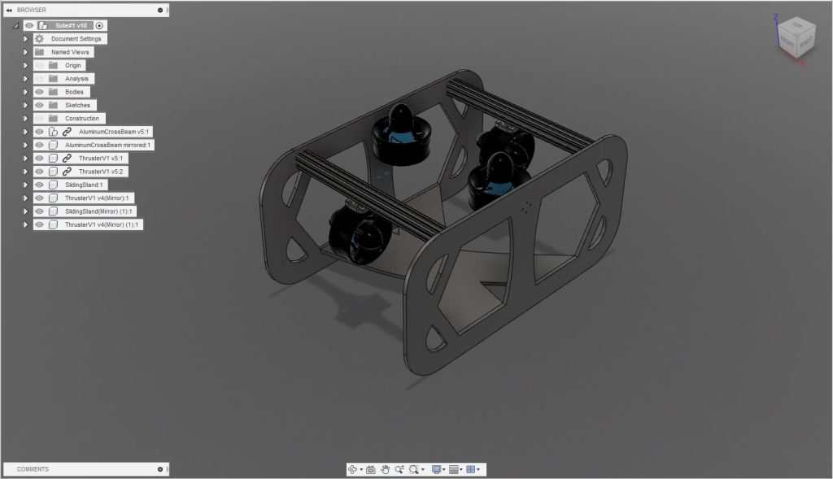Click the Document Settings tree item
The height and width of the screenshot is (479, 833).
click(x=76, y=39)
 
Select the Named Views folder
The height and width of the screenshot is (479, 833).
click(x=70, y=52)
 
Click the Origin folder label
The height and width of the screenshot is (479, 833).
click(x=74, y=65)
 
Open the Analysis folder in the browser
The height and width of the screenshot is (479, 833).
click(x=76, y=79)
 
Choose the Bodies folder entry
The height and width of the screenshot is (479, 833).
click(x=74, y=92)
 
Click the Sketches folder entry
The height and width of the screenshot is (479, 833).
click(x=77, y=105)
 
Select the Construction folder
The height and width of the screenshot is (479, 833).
click(x=82, y=119)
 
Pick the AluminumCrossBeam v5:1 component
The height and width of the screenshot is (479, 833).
click(x=114, y=132)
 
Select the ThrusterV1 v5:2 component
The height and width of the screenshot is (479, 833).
click(x=102, y=172)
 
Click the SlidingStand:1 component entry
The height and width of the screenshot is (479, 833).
click(x=84, y=185)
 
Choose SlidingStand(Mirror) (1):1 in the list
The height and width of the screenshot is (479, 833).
click(x=99, y=211)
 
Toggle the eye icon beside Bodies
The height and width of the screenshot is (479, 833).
click(x=39, y=92)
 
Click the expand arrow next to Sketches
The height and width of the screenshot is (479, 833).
click(x=26, y=105)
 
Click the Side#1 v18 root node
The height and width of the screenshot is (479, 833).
click(x=71, y=25)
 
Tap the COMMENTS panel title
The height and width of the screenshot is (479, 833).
click(x=33, y=469)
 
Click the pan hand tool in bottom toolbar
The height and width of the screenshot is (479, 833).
click(x=385, y=469)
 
